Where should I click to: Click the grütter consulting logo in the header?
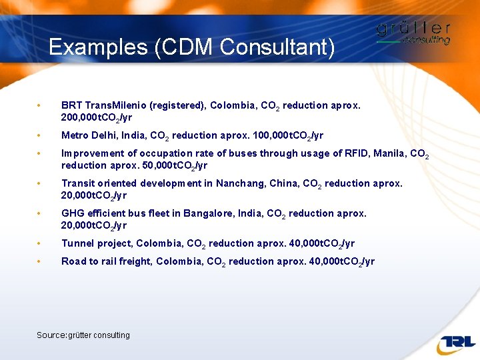point(413,33)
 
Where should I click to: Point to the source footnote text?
point(83,335)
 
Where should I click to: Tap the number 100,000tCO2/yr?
point(288,136)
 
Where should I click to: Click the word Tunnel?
point(76,243)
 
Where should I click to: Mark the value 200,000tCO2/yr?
point(97,118)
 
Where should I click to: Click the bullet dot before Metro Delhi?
point(41,135)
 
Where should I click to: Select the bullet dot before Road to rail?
point(41,261)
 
